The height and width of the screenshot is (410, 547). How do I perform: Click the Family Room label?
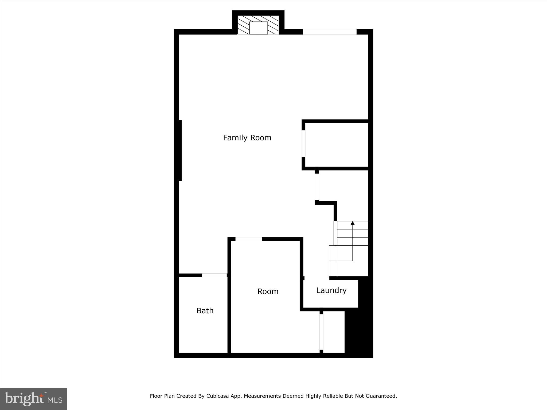point(247,138)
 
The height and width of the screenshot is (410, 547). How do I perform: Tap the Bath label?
point(205,311)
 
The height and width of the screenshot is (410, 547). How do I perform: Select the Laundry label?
point(331,290)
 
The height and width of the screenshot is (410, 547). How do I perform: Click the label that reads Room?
point(268,291)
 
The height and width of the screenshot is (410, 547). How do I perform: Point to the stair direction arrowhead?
point(353,223)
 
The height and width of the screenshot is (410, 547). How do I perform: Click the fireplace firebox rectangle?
point(259,28)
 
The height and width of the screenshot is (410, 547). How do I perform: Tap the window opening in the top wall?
point(330,32)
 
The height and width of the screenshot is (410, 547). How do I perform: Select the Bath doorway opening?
point(214,275)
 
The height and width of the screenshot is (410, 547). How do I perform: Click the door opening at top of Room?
point(249,239)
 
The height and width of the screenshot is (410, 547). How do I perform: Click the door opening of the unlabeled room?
point(303,144)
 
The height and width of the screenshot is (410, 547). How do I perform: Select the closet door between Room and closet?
point(321,332)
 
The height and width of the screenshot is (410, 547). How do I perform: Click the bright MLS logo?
point(33,399)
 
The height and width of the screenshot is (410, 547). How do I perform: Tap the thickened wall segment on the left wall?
point(180,151)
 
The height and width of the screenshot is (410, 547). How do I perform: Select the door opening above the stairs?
point(317,187)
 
